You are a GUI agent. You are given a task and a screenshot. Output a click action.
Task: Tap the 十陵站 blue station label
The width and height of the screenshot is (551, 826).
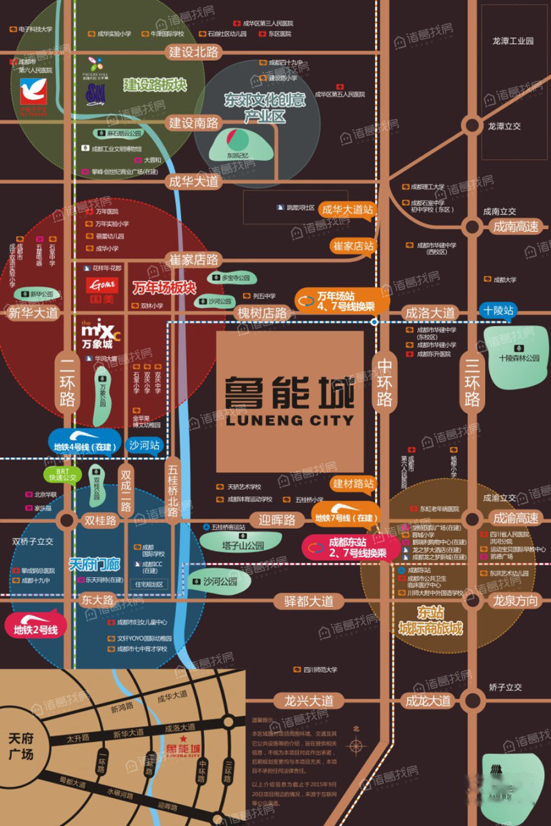click(499, 311)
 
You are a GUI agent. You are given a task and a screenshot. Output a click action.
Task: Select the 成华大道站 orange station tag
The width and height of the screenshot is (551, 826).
click(347, 209)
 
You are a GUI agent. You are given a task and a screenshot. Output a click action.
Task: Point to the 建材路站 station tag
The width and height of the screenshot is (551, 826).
click(353, 484)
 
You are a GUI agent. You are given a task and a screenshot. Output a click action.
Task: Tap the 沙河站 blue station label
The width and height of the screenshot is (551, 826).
click(145, 446)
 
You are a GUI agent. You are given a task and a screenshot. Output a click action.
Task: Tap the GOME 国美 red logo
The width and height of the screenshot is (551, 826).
click(103, 286)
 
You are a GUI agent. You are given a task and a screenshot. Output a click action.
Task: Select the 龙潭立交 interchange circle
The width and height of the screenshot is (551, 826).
click(472, 126)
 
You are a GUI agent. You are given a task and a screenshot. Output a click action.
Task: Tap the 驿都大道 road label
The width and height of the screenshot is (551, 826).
click(308, 601)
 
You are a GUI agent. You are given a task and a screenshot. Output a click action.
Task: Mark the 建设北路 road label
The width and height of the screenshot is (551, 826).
click(193, 52)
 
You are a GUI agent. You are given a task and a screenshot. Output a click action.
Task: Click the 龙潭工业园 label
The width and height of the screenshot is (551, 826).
click(513, 40)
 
